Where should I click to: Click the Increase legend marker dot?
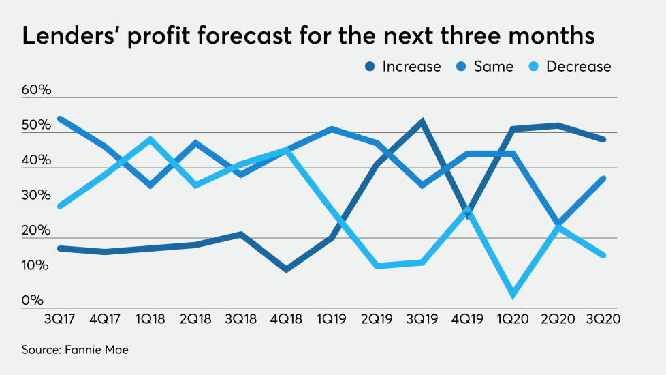(x=371, y=67)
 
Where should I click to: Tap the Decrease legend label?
(x=578, y=67)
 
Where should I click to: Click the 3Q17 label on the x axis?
(x=59, y=318)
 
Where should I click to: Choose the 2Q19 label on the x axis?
(x=376, y=318)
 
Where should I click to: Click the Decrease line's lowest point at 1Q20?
(x=512, y=295)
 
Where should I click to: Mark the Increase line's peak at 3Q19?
(x=422, y=122)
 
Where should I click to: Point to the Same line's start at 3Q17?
(x=59, y=119)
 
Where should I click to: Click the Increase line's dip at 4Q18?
(x=286, y=269)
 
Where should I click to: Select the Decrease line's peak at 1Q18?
(x=150, y=140)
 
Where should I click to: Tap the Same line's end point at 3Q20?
(x=603, y=179)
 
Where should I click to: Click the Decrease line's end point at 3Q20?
(x=603, y=256)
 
